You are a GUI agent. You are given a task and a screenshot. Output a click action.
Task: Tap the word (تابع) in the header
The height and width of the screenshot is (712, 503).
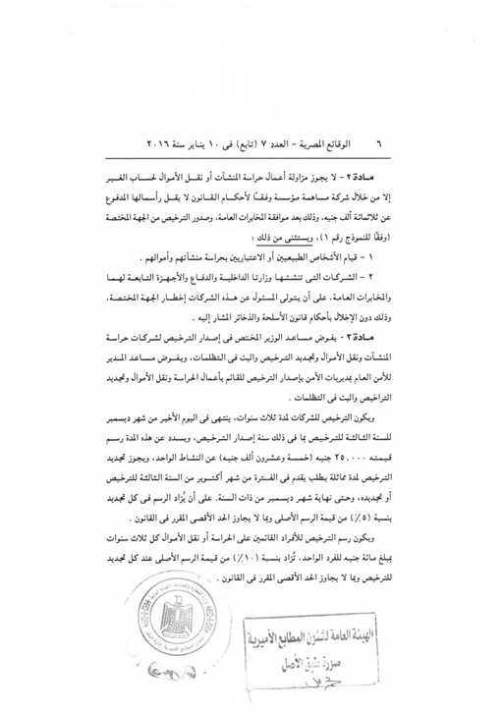click(263, 143)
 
